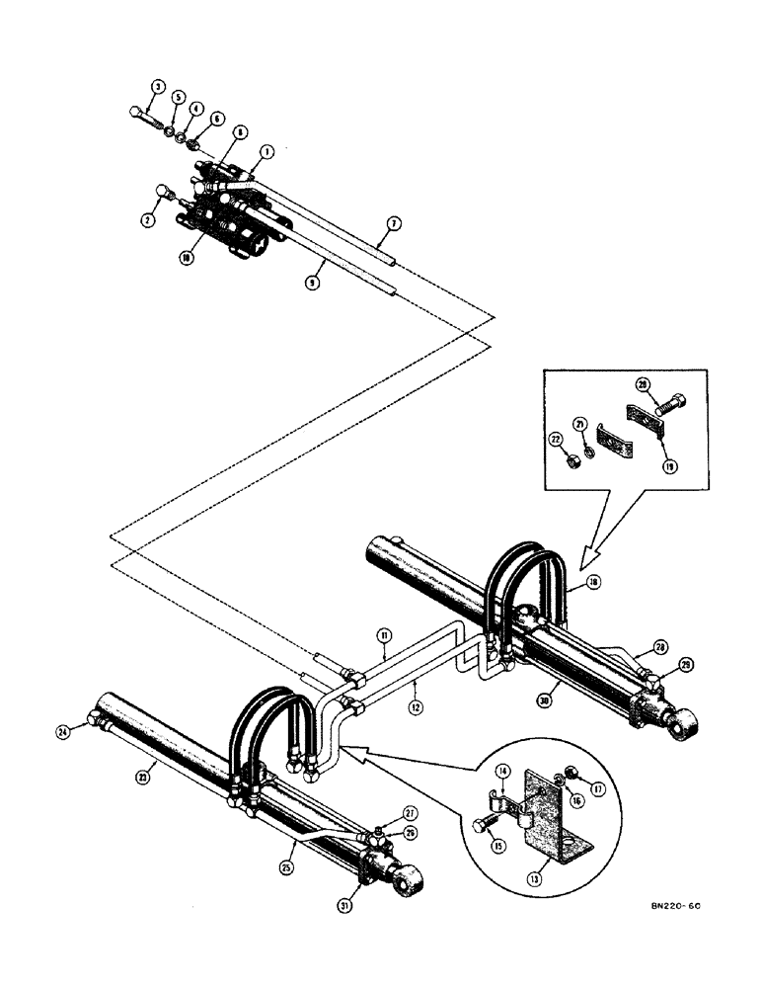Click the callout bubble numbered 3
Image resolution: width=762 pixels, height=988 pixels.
coord(153,88)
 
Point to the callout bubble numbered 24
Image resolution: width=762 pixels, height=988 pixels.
coord(64,732)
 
